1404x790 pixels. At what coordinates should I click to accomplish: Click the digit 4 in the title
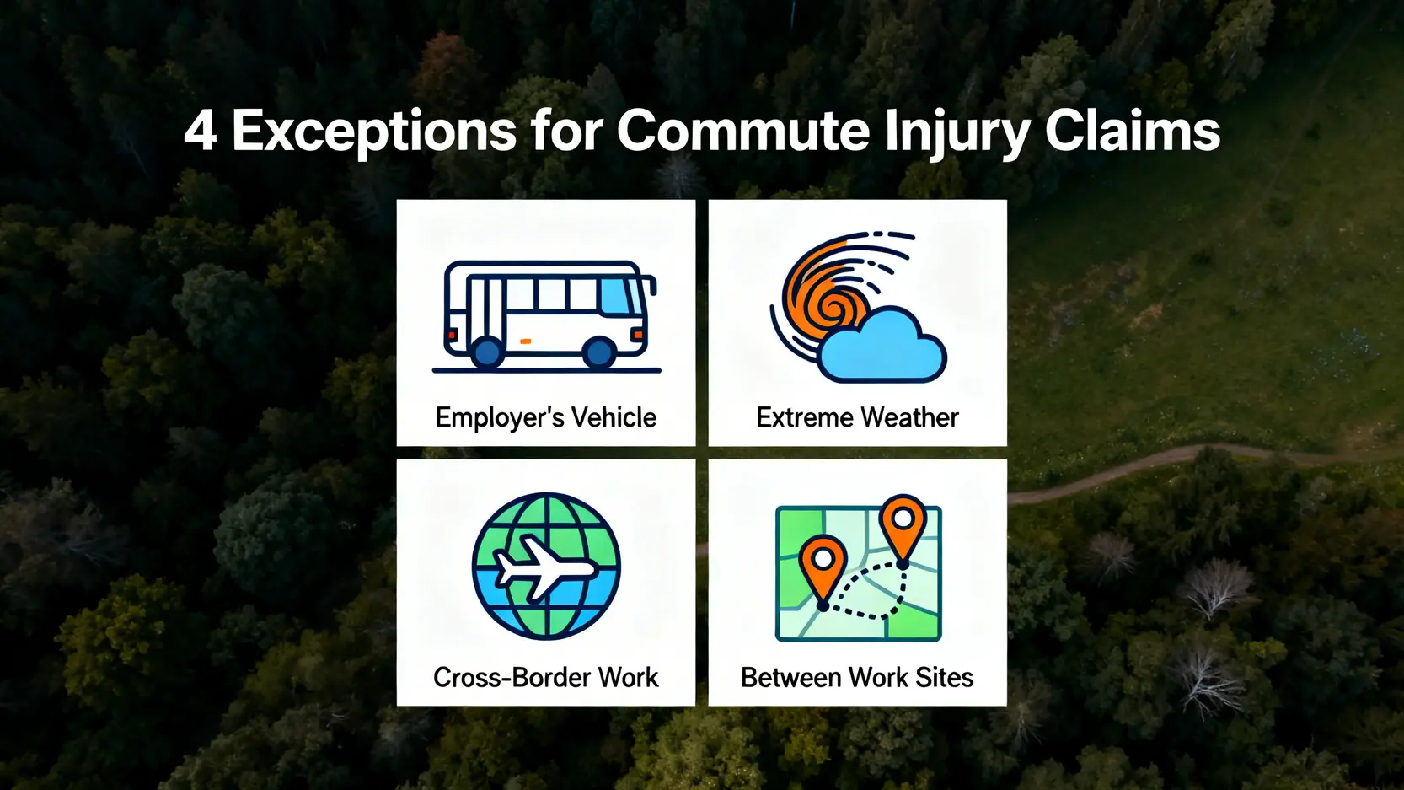201,131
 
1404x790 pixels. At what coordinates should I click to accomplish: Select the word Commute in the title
742,131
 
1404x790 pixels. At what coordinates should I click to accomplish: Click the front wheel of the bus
598,353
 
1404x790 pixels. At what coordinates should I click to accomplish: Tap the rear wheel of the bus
487,353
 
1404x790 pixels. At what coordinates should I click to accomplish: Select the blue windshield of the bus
620,295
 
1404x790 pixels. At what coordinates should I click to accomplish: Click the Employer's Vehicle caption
546,417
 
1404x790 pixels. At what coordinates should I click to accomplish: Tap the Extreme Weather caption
857,417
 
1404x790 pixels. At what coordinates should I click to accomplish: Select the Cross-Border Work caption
546,677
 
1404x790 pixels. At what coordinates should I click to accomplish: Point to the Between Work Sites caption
857,677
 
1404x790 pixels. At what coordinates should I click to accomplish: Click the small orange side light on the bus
526,341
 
